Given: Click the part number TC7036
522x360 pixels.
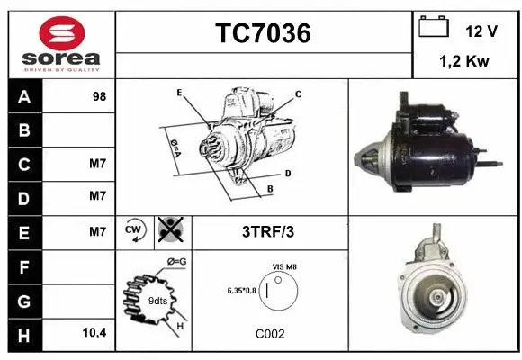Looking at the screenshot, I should [263, 34].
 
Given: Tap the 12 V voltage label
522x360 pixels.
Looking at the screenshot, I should [481, 31].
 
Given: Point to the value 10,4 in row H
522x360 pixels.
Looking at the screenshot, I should [94, 332].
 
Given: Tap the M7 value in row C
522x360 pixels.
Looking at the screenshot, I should [98, 165].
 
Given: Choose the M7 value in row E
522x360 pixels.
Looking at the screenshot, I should [98, 231].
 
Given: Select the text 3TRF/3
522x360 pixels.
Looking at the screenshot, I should [267, 231].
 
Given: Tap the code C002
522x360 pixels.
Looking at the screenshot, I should [269, 333].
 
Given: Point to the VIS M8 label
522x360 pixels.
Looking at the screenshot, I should [284, 267].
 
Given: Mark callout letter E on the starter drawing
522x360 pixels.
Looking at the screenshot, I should [180, 93].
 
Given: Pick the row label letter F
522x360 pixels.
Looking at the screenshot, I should [24, 265].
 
